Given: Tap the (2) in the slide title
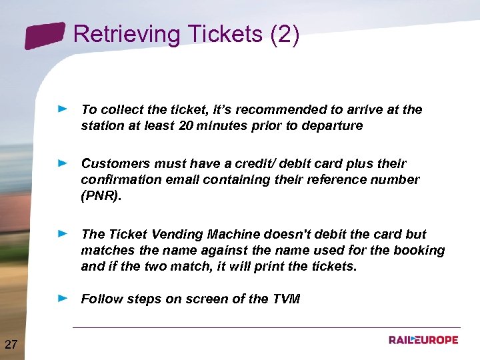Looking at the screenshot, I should (285, 34).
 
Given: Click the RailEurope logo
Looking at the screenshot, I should (423, 340).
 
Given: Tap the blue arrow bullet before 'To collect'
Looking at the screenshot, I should (63, 107).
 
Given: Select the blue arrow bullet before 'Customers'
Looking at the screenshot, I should (63, 162).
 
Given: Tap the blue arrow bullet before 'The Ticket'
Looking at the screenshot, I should (63, 233).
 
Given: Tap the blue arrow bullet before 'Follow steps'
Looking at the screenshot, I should (63, 298).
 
